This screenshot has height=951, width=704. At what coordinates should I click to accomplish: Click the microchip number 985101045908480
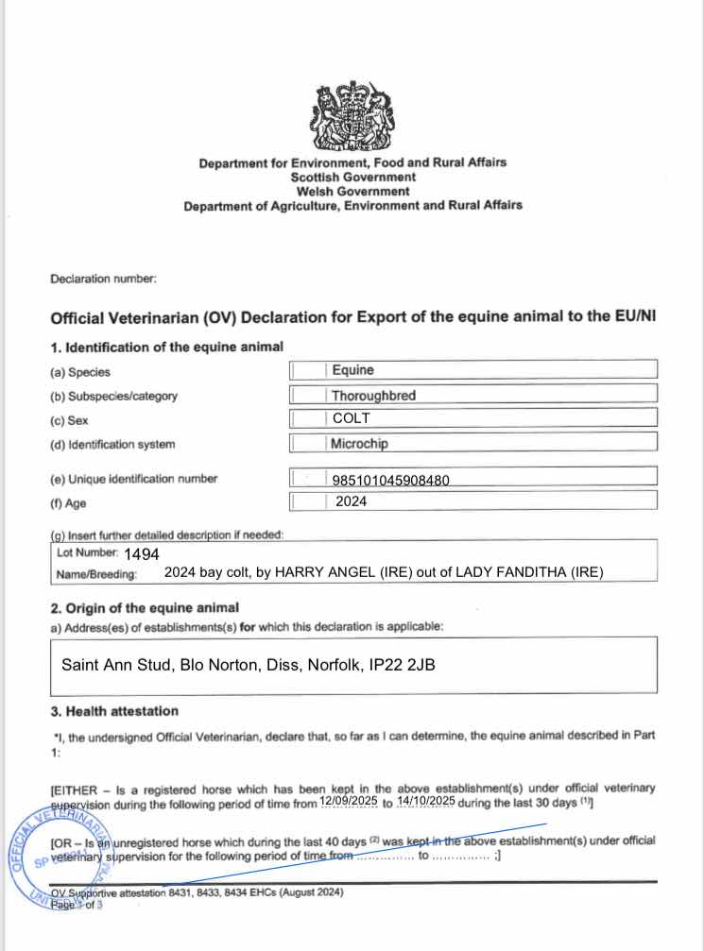point(390,481)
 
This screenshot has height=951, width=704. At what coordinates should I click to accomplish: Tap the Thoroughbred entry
point(373,396)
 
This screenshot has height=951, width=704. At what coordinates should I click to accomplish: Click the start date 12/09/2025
point(349,801)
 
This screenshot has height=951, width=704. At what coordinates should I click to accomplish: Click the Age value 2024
point(352,502)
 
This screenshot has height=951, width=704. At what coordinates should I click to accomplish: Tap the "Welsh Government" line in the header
point(352,191)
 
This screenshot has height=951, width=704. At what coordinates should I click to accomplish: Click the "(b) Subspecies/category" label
point(114,396)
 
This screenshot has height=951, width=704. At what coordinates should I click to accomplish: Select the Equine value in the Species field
point(352,371)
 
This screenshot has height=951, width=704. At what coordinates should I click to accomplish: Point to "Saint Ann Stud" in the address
point(106,664)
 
